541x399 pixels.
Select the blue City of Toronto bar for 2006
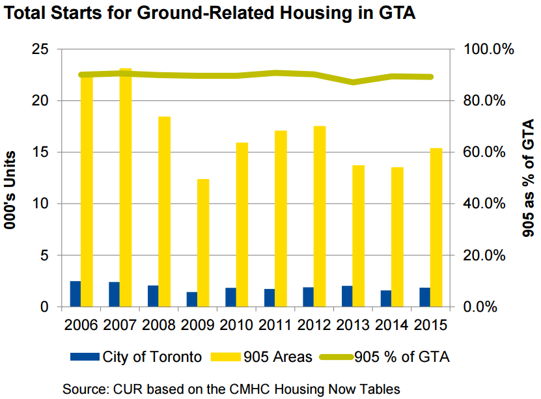76,294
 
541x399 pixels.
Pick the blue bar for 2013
347,296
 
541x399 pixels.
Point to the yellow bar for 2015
436,227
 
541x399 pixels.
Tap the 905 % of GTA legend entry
391,357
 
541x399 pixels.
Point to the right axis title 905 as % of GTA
528,178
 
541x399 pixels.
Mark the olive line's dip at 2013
353,82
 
